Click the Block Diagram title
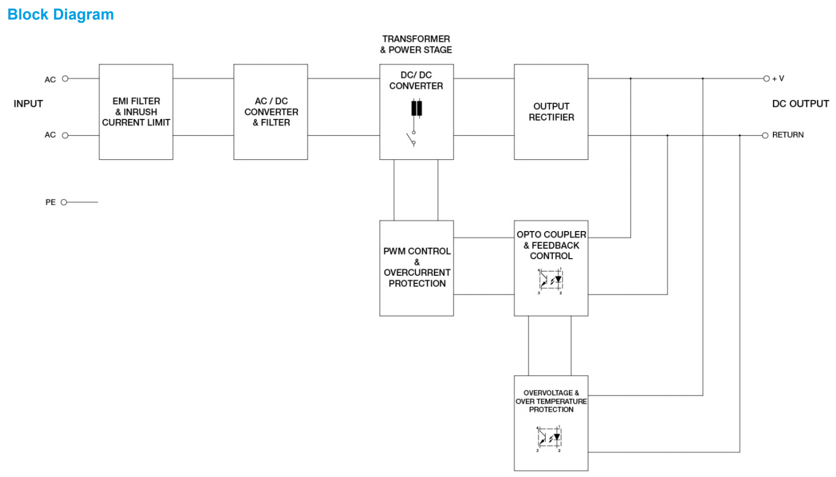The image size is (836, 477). point(60,14)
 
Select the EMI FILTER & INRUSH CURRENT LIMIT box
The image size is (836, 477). point(136,111)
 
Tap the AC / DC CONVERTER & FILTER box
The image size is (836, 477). point(271,111)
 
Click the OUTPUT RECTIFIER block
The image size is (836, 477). point(551,111)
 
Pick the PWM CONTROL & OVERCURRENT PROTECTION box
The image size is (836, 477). point(417,268)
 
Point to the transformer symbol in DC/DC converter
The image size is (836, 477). point(417,108)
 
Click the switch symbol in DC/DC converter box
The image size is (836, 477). point(412,139)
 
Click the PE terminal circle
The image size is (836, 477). point(64,202)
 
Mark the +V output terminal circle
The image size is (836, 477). point(765,78)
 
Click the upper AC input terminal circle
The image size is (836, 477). point(65,78)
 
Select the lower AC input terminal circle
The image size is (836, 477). point(65,135)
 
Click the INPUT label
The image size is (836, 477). point(28,104)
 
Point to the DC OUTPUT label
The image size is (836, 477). point(800,104)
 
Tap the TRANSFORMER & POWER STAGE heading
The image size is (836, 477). point(417,44)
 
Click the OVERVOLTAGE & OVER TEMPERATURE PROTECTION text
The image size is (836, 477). point(551,401)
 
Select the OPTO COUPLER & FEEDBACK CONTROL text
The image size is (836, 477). point(551,245)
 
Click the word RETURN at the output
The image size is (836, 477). point(788,135)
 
